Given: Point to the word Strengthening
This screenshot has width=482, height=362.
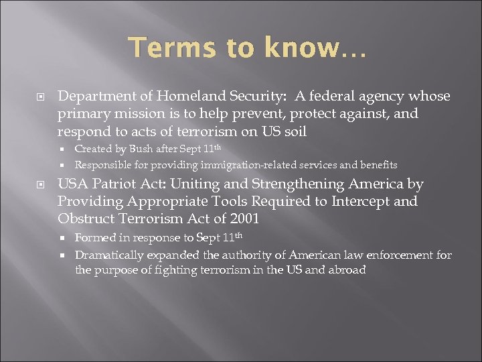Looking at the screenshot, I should point(277,184).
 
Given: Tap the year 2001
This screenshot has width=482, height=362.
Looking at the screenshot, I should point(244,219).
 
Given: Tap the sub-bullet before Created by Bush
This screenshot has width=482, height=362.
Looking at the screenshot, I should point(64,149).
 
